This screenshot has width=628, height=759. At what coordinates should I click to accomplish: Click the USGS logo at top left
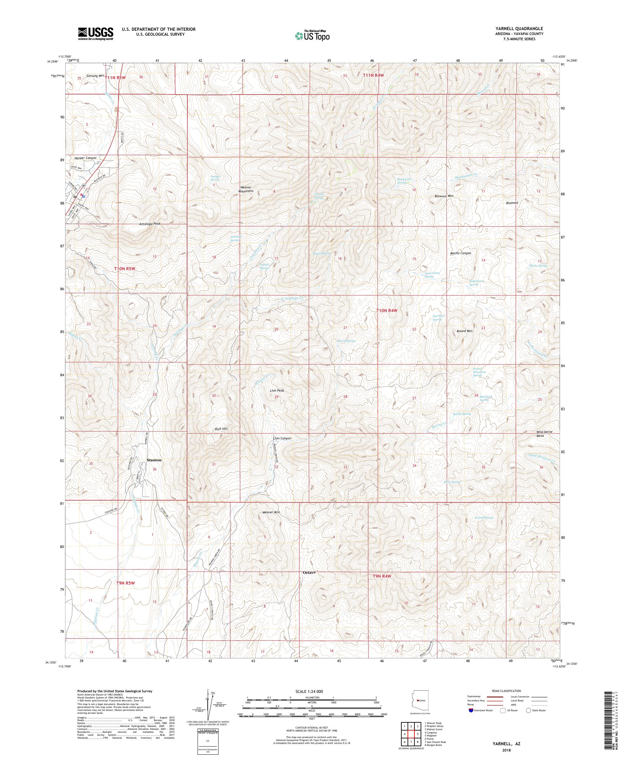[x=96, y=34]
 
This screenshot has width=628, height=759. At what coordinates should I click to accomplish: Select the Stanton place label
[x=154, y=460]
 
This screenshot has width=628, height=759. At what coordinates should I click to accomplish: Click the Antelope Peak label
[x=149, y=224]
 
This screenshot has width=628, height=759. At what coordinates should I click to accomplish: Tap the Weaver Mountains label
[x=247, y=189]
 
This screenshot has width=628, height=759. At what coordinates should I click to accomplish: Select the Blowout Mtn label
[x=444, y=196]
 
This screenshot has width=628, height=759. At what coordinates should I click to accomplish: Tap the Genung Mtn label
[x=95, y=76]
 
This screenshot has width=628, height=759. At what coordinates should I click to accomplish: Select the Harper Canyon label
[x=85, y=158]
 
